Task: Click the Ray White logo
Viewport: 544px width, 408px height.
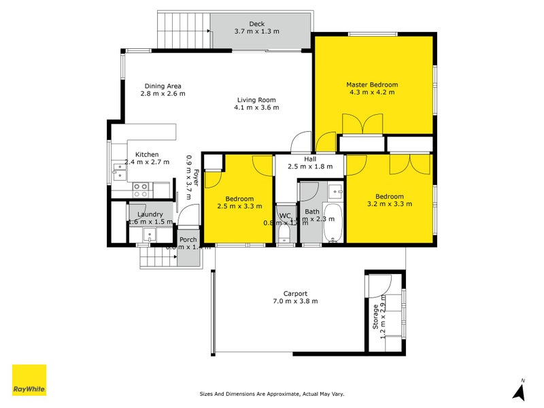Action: (x=29, y=379)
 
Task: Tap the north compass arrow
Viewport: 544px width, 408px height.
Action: (x=519, y=390)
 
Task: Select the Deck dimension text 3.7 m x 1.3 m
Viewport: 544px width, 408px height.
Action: (x=256, y=31)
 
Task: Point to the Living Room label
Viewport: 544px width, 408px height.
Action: (x=256, y=99)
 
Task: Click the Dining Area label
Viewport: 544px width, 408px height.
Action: (x=163, y=86)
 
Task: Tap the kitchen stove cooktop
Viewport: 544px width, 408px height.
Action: (x=141, y=186)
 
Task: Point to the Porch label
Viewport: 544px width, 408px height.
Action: (x=188, y=239)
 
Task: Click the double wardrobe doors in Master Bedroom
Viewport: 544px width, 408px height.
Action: (x=359, y=124)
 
